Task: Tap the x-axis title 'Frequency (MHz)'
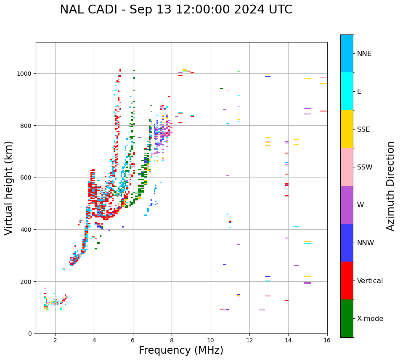181,350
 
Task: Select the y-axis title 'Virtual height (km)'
9,188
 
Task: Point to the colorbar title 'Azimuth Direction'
391,186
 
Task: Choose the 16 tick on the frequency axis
327,340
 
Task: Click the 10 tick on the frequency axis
210,340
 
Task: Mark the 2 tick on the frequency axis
55,340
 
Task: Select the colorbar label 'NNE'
364,53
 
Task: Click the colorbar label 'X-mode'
370,319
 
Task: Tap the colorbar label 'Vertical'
370,281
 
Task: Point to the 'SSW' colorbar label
365,167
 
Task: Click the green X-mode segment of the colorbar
347,318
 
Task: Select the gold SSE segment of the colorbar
347,129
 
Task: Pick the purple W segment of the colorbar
347,205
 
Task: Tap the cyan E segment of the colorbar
347,91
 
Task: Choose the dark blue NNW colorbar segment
347,243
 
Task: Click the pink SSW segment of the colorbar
347,167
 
